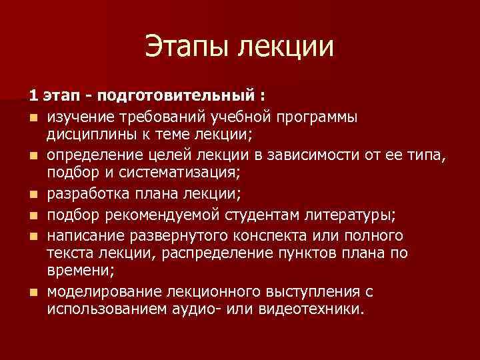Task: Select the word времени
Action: click(75, 272)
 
